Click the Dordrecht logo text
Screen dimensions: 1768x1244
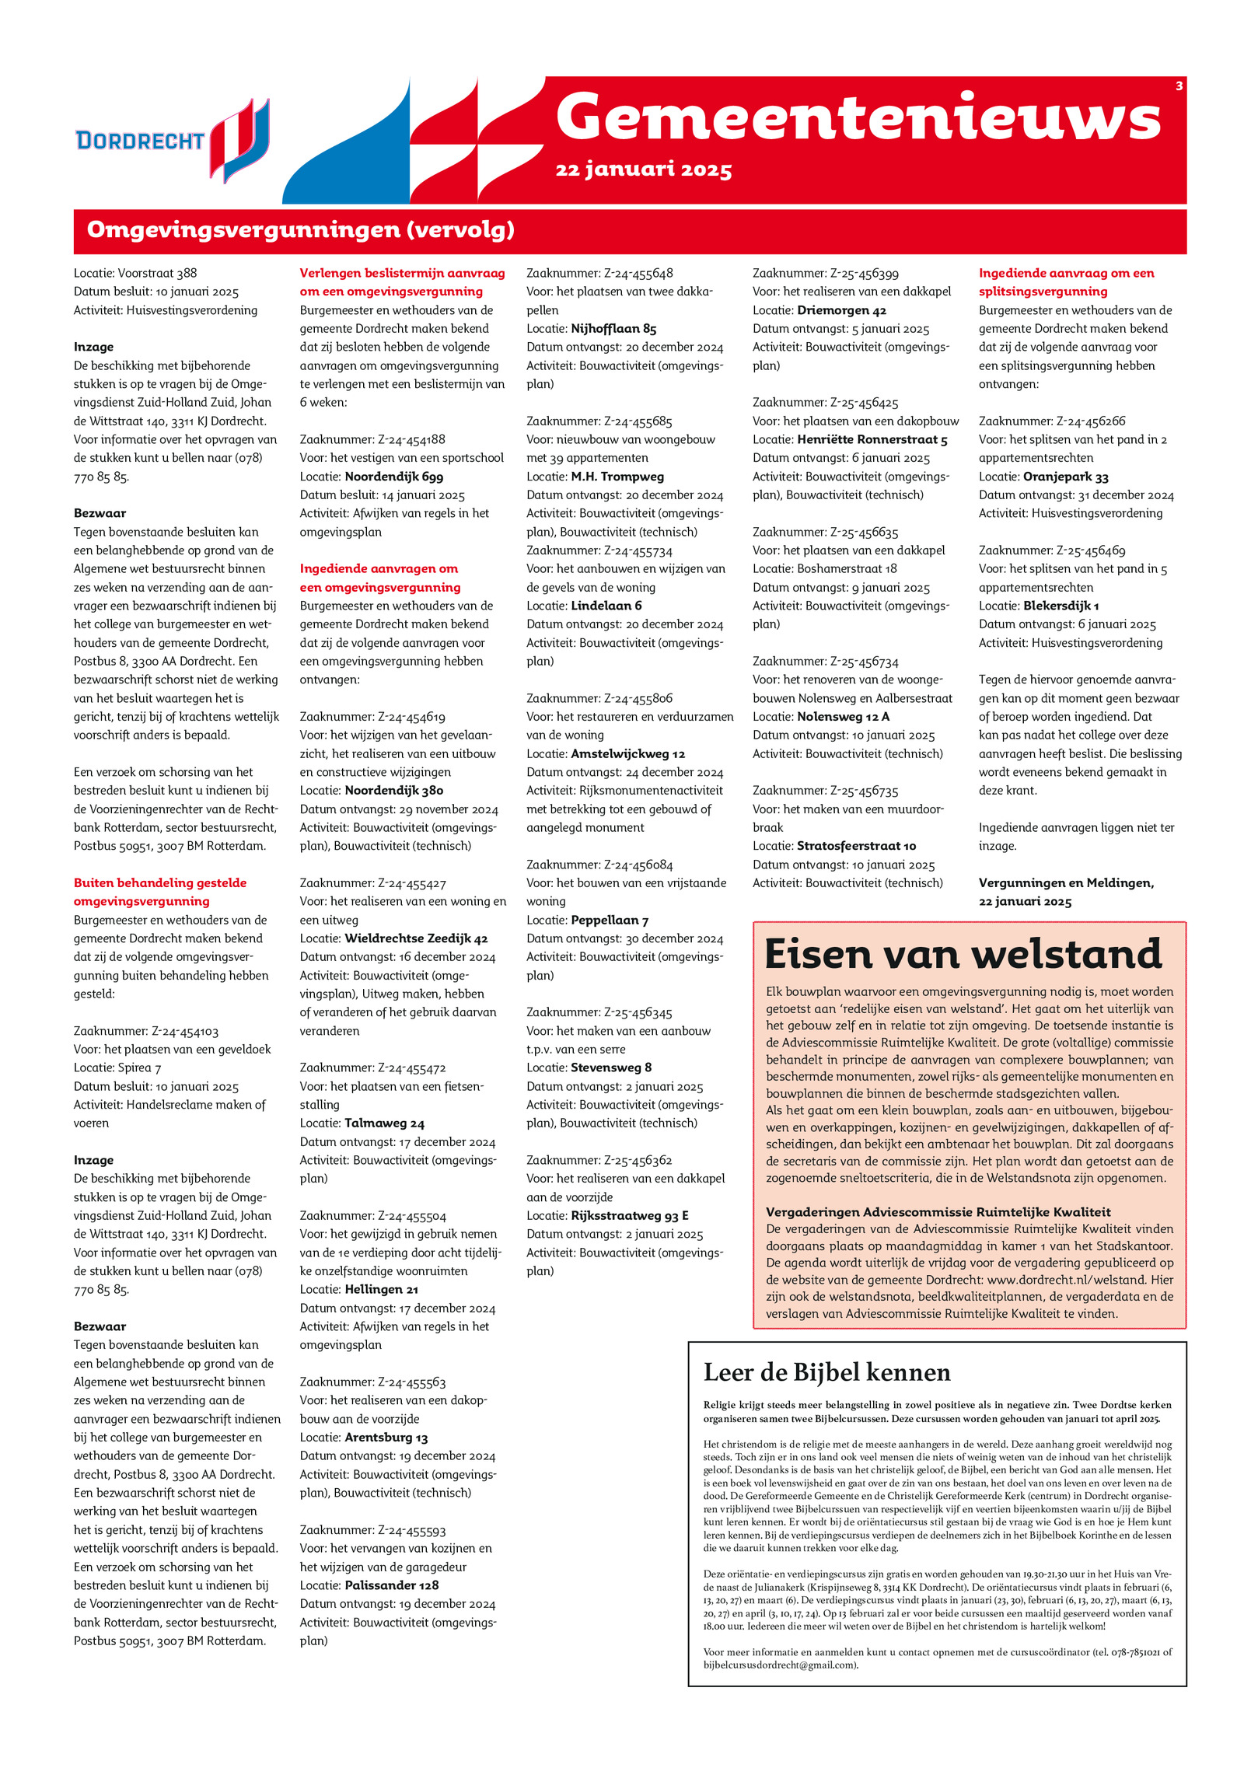(x=140, y=141)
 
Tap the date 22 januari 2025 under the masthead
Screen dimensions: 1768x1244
(x=644, y=169)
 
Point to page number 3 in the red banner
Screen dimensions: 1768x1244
(x=1179, y=86)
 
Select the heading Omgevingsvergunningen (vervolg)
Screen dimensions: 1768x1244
(x=300, y=230)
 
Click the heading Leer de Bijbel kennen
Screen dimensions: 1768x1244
(x=826, y=1372)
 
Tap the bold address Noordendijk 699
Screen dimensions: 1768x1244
(x=393, y=477)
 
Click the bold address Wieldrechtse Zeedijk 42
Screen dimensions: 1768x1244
(x=416, y=938)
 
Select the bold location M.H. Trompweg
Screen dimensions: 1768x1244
(x=617, y=477)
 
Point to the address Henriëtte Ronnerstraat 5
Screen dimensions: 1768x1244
(x=872, y=440)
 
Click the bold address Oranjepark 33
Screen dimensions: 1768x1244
(x=1065, y=477)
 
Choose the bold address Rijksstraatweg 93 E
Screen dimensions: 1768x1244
(x=630, y=1215)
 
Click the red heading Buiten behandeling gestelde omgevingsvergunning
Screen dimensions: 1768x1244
(x=160, y=892)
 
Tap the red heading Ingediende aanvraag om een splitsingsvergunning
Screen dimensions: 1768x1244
(x=1066, y=282)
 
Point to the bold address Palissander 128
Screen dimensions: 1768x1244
(x=391, y=1585)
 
